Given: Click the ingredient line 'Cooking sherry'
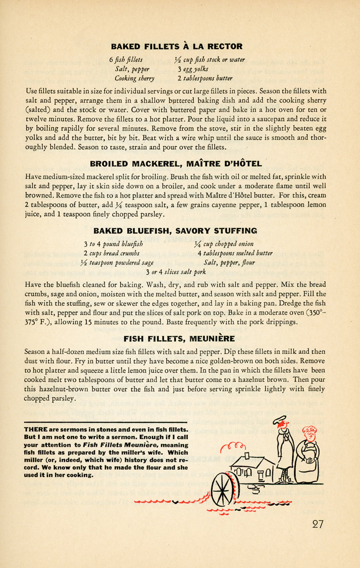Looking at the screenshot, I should coord(135,78).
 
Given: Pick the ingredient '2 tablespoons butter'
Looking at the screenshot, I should coord(205,78).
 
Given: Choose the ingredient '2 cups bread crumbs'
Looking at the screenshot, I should coord(111,253).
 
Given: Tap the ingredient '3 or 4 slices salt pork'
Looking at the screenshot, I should coord(176,272).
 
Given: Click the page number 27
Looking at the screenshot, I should coord(318,524).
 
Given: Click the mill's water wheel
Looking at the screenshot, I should coord(223,489).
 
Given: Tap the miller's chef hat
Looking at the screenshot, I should coord(281,420).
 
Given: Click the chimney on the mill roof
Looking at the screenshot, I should coord(247,456).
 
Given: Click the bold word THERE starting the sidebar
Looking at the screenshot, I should coord(36,430).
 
